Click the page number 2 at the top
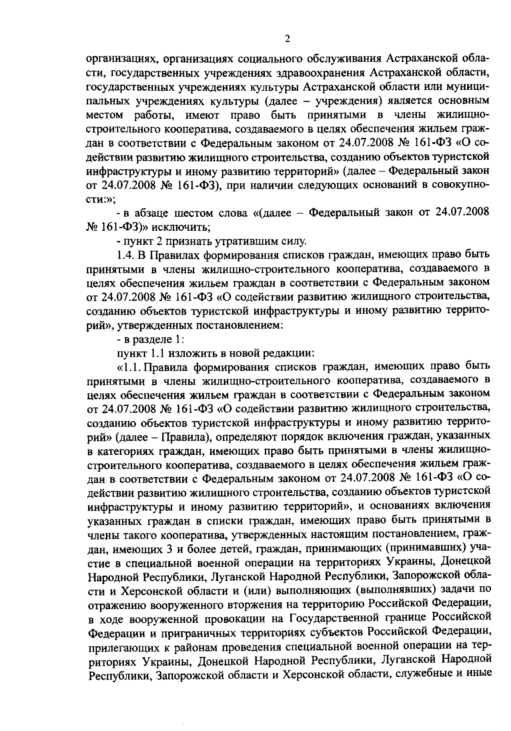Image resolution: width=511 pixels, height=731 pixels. [287, 39]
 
